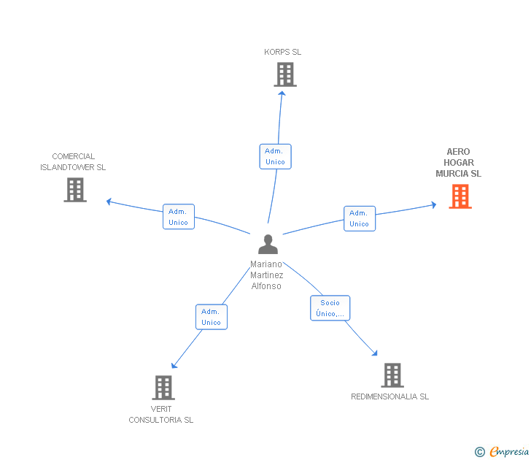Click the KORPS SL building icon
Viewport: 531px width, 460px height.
(285, 74)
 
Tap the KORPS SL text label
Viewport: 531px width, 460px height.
(282, 52)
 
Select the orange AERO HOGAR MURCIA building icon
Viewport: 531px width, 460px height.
(460, 196)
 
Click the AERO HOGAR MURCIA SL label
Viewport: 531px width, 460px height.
(459, 163)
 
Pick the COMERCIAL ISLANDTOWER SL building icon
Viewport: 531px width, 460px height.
(75, 190)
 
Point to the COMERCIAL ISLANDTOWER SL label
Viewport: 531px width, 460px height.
(73, 161)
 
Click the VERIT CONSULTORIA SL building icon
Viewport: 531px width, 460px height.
(163, 388)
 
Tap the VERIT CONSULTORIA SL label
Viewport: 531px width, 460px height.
(161, 414)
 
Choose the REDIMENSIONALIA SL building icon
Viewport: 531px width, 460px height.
(392, 375)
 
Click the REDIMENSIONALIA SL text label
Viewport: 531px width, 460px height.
(389, 396)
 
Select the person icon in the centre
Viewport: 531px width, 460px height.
(268, 244)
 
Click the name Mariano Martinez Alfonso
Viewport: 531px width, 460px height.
(266, 275)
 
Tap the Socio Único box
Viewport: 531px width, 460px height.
(330, 308)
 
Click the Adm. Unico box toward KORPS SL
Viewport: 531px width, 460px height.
(275, 156)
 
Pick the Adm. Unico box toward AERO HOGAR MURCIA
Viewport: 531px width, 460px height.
(360, 218)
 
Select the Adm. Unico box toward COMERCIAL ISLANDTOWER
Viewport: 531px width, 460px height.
(179, 217)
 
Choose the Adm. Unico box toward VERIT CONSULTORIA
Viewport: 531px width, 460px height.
(212, 317)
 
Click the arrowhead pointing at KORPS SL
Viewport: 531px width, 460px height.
(282, 93)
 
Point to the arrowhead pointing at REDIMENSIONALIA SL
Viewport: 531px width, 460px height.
(375, 353)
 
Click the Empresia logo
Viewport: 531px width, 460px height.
(502, 451)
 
